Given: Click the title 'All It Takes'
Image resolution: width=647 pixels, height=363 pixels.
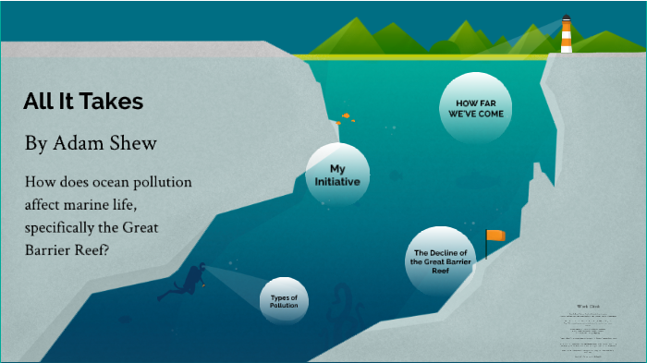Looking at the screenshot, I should pyautogui.click(x=83, y=102).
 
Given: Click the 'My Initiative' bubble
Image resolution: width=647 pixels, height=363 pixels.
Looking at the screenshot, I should pyautogui.click(x=337, y=175).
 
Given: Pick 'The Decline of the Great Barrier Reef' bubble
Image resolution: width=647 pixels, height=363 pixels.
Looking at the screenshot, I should pyautogui.click(x=441, y=261).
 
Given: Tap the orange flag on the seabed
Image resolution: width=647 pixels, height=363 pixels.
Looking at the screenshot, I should pyautogui.click(x=496, y=236).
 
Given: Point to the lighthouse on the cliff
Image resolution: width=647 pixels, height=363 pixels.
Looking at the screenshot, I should pyautogui.click(x=566, y=34).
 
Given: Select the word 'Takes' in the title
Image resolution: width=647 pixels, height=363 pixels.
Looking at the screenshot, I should pyautogui.click(x=117, y=102).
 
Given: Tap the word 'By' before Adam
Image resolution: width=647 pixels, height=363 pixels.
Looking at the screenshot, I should pyautogui.click(x=35, y=144).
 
